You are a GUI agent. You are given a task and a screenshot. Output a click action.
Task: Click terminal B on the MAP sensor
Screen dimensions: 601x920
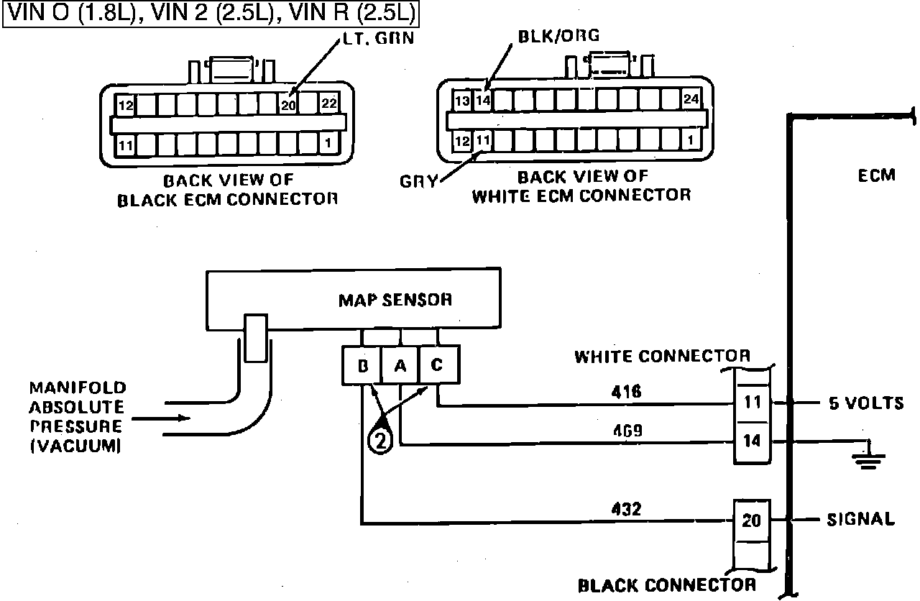coord(362,366)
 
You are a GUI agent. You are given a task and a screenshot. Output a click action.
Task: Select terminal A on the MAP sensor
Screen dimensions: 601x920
coord(400,366)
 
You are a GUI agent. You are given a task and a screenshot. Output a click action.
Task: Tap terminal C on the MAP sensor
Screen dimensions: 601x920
coord(437,364)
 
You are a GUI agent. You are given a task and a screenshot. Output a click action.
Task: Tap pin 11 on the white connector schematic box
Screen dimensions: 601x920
coord(752,402)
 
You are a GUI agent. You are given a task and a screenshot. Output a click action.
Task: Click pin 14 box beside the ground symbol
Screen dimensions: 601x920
coord(752,441)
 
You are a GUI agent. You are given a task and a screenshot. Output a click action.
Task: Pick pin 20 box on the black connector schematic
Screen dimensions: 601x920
coord(751,519)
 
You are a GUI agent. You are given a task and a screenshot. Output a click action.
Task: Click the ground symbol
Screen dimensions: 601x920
coord(868,457)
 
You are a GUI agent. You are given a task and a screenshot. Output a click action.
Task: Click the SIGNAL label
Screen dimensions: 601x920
coord(860,519)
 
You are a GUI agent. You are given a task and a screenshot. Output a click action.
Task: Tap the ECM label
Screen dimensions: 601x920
coord(876,175)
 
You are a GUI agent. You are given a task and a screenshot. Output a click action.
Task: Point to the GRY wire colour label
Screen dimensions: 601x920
coord(418,181)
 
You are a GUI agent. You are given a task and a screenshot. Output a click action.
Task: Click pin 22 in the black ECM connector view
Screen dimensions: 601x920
coord(328,104)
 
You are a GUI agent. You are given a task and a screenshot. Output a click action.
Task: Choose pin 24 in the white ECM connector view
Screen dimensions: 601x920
coord(691,100)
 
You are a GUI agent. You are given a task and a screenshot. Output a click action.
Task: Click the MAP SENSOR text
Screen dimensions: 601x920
coord(395,299)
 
